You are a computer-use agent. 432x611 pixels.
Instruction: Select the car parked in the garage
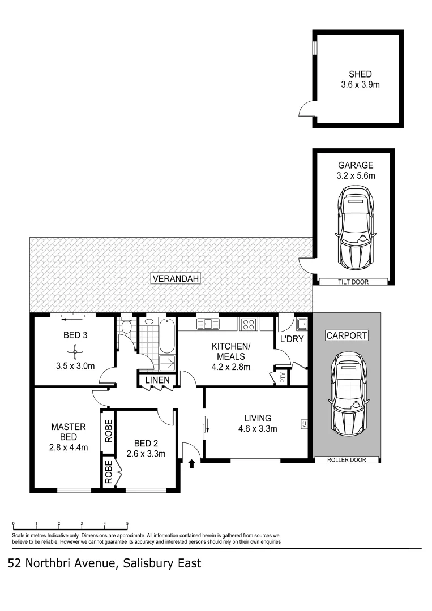click(x=356, y=229)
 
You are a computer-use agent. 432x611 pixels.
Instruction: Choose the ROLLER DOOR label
click(x=347, y=460)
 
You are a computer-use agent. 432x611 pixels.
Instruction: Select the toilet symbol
click(x=127, y=327)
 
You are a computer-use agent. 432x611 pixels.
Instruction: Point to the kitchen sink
click(x=208, y=324)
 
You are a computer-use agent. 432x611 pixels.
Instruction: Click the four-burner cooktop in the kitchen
click(x=249, y=324)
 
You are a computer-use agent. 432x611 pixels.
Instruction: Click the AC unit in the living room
click(x=304, y=424)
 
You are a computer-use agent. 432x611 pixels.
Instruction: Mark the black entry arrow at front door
click(x=191, y=464)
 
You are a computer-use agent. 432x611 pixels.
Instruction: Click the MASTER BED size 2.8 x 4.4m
click(x=68, y=448)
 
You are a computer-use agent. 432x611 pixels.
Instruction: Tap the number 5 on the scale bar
click(x=127, y=523)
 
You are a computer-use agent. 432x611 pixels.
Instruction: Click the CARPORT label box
click(x=347, y=335)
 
